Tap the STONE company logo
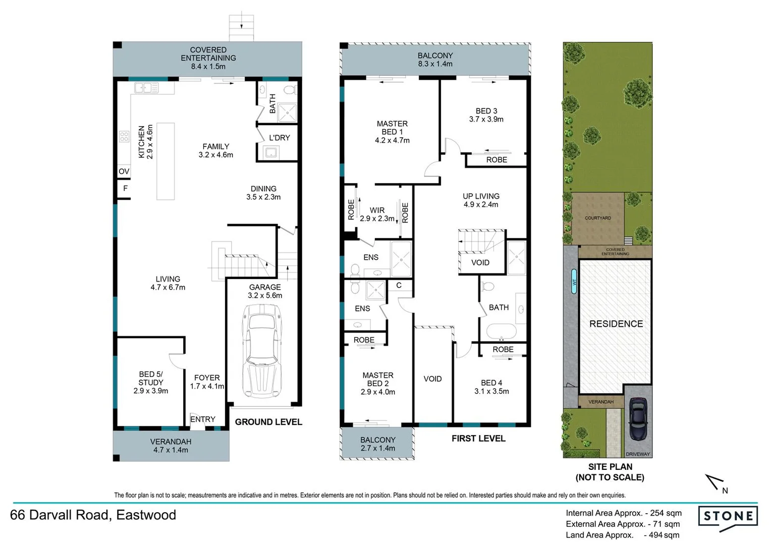(728, 517)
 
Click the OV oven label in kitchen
(124, 172)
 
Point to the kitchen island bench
(166, 161)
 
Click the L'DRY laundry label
(279, 138)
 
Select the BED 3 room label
(486, 115)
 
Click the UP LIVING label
(481, 200)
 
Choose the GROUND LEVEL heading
(268, 422)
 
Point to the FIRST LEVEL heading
(478, 439)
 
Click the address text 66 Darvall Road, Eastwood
(93, 515)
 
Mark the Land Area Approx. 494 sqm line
(622, 535)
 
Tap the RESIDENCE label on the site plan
(616, 324)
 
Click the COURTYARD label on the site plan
(597, 218)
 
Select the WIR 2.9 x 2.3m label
(377, 214)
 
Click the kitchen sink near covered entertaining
(146, 88)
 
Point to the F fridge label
(125, 188)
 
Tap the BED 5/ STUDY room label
(150, 383)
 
